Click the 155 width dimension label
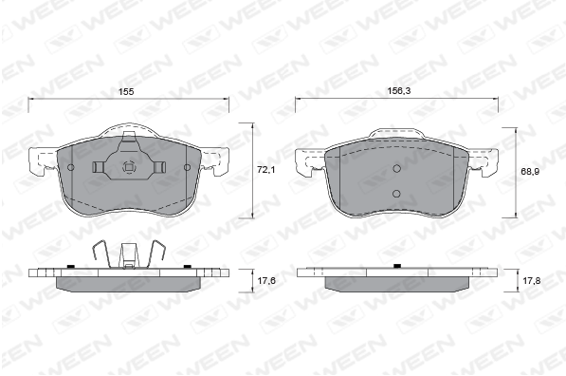point(126,92)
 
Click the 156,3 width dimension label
point(399,91)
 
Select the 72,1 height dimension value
point(266,169)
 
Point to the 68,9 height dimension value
point(530,172)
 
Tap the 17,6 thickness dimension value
point(266,280)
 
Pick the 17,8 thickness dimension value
point(531,280)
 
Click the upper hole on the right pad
point(396,168)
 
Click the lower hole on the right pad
point(396,194)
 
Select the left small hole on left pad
point(71,167)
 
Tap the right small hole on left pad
point(187,167)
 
